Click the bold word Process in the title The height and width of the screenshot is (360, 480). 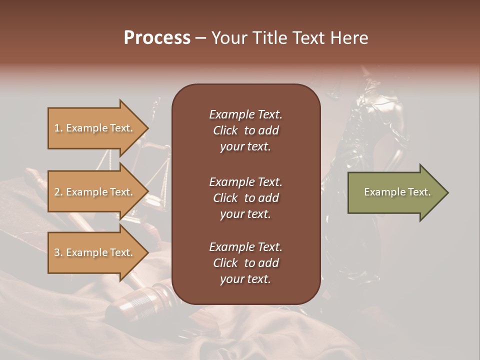(x=157, y=37)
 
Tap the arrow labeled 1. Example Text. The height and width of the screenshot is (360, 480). (x=95, y=128)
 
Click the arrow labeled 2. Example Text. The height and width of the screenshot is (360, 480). (x=95, y=192)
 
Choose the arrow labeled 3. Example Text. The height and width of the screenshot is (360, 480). (x=95, y=252)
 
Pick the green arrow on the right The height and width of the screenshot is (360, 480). (x=395, y=192)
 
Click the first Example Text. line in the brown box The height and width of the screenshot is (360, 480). (x=245, y=114)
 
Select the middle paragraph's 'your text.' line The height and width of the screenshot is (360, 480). (x=245, y=214)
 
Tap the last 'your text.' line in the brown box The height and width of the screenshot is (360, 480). (x=245, y=279)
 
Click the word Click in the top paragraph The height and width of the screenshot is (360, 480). (x=225, y=130)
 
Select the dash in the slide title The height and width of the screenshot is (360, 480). (x=201, y=37)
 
